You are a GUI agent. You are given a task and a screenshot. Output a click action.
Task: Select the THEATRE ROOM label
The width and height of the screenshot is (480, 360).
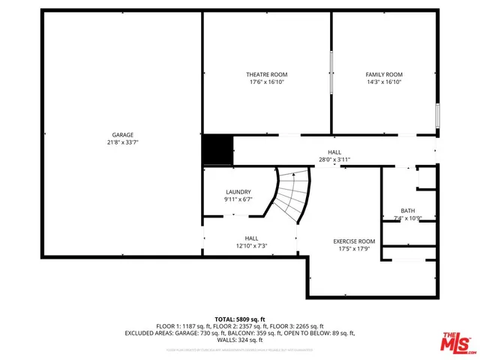pyautogui.click(x=267, y=74)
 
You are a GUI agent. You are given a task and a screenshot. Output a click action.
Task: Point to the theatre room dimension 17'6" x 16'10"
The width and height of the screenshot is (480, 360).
pyautogui.click(x=267, y=82)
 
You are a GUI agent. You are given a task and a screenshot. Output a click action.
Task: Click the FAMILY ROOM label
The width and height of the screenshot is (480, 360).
pyautogui.click(x=384, y=74)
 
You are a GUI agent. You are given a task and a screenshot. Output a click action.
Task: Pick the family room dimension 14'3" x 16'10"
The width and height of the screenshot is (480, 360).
pyautogui.click(x=384, y=82)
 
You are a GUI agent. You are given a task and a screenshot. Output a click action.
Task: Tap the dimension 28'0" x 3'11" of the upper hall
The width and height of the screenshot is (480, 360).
pyautogui.click(x=334, y=160)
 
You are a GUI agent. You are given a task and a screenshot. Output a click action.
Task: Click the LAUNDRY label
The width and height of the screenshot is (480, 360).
pyautogui.click(x=238, y=192)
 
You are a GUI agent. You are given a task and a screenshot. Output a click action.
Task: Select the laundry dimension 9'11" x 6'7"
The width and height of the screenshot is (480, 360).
pyautogui.click(x=238, y=200)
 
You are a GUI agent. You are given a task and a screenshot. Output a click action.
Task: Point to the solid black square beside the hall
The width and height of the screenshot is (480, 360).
pyautogui.click(x=217, y=149)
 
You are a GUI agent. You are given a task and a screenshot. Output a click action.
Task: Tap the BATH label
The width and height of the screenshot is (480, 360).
pyautogui.click(x=408, y=211)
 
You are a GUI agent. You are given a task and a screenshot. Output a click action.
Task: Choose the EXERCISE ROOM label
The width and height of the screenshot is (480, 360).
pyautogui.click(x=354, y=241)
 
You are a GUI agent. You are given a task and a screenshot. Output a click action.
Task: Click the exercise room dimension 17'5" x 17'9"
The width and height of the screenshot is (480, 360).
pyautogui.click(x=354, y=248)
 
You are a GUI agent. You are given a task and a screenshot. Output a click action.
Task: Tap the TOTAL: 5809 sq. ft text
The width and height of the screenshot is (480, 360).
pyautogui.click(x=239, y=319)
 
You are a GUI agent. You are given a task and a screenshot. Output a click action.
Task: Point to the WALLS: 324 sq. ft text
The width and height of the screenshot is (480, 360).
pyautogui.click(x=240, y=340)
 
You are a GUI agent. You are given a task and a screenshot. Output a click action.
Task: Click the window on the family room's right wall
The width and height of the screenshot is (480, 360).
pyautogui.click(x=438, y=115)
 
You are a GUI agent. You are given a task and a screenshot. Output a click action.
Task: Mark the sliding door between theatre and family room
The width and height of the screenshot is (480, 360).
pyautogui.click(x=331, y=72)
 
